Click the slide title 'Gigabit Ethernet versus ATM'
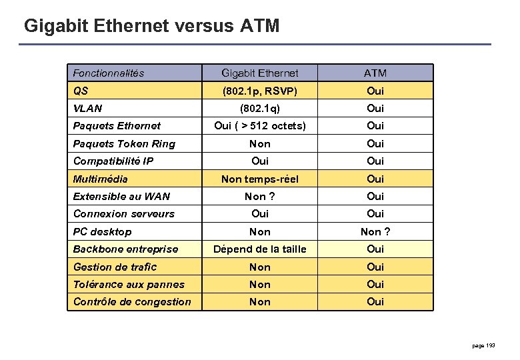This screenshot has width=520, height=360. click(x=151, y=26)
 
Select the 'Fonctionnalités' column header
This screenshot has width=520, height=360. click(x=109, y=73)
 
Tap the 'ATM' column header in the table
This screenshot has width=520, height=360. click(x=375, y=73)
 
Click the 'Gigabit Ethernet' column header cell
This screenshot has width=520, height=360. click(x=260, y=73)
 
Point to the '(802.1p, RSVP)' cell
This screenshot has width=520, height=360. click(x=260, y=91)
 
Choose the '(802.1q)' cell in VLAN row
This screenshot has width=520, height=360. click(x=260, y=108)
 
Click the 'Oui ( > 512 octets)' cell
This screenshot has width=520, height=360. click(x=260, y=125)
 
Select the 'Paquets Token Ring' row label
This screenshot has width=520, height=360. click(x=124, y=143)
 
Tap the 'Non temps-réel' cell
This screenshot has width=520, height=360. click(x=260, y=179)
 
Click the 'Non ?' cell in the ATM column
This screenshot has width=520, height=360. click(x=375, y=231)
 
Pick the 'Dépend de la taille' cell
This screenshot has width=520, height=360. click(x=260, y=249)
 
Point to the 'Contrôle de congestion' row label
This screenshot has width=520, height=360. click(x=132, y=301)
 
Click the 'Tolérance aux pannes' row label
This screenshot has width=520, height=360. click(x=129, y=284)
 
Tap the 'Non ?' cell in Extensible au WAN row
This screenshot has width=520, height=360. click(x=260, y=196)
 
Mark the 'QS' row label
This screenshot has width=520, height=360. click(x=81, y=91)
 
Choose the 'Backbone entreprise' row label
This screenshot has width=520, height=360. click(x=125, y=249)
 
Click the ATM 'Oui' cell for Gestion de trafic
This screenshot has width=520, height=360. click(x=375, y=267)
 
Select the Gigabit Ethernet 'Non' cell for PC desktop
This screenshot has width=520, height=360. click(x=260, y=231)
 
